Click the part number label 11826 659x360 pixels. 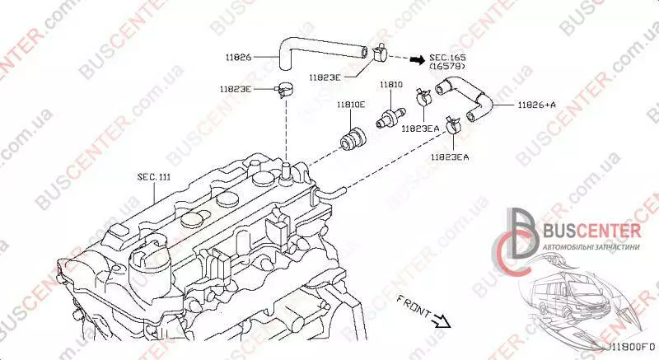point(238,57)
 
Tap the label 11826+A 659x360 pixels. point(537,105)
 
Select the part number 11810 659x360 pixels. point(390,85)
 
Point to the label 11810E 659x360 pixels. point(350,105)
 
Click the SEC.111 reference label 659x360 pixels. point(154,177)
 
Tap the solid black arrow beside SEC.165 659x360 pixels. point(418,59)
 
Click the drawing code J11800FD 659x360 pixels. point(630,350)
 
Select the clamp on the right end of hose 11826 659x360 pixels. point(381,54)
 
